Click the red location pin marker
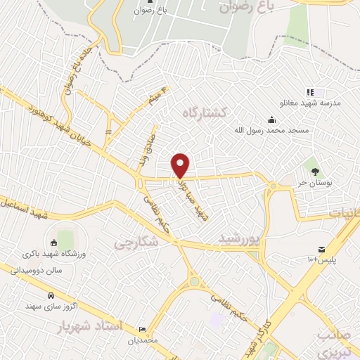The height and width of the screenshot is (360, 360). coord(181,165)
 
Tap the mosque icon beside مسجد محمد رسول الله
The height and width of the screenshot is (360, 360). coord(272,118)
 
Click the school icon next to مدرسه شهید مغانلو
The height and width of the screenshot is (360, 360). coord(309,92)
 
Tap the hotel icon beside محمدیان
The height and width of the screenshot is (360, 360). coord(143,329)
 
